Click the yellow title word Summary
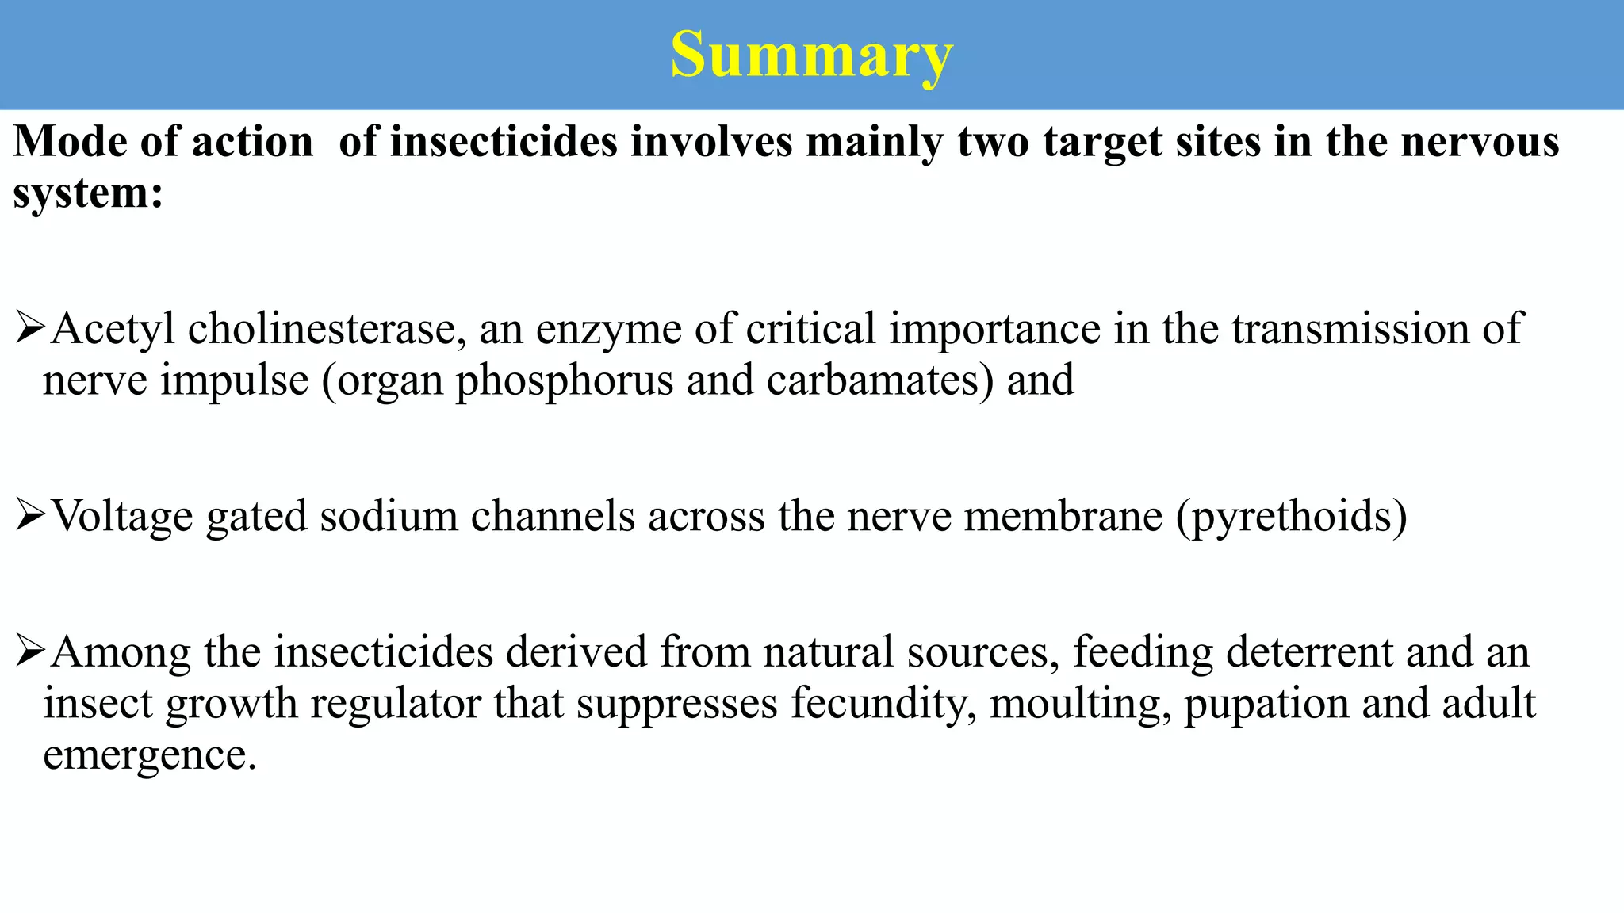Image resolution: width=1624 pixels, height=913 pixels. click(811, 55)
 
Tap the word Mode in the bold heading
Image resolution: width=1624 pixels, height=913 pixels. click(70, 143)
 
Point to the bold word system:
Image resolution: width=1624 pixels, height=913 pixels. click(88, 193)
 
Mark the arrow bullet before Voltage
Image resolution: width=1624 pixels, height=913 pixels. click(29, 516)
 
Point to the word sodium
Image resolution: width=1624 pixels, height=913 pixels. click(389, 516)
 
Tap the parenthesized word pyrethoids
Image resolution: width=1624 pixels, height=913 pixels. click(1292, 518)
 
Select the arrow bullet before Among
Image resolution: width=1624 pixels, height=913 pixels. click(29, 651)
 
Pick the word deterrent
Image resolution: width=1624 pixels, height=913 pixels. click(1309, 652)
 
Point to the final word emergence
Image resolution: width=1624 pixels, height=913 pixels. click(149, 755)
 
